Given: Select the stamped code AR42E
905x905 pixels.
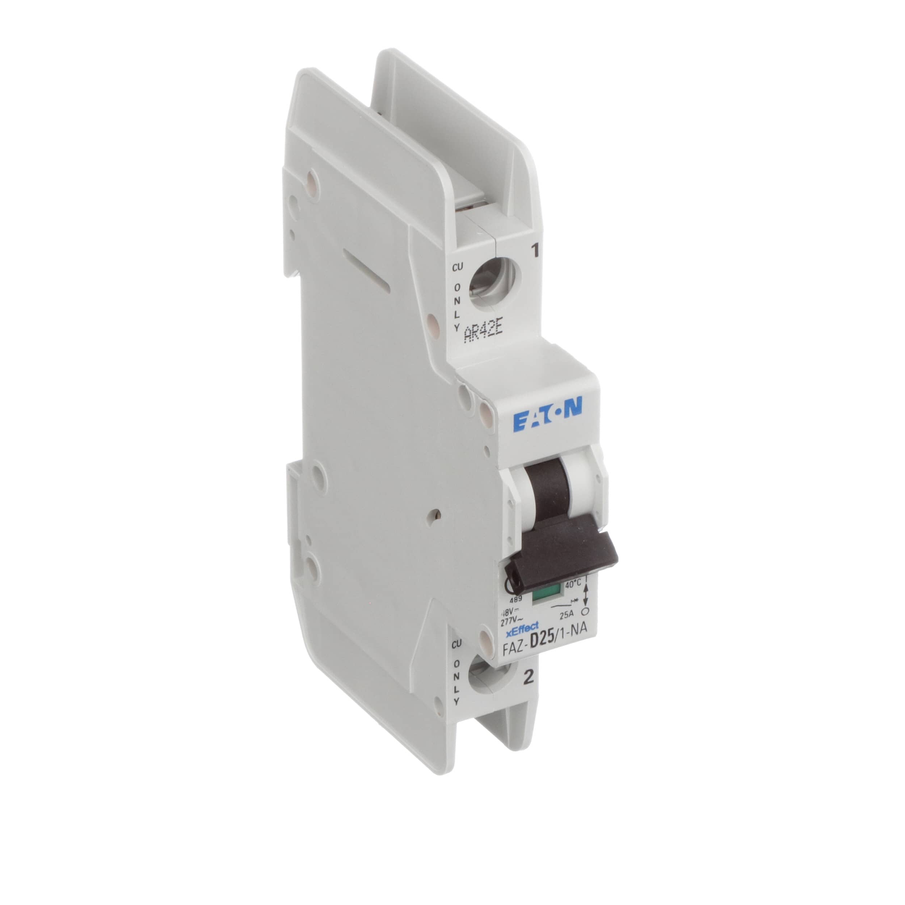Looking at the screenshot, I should (483, 334).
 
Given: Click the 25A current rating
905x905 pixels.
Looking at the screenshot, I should (571, 612).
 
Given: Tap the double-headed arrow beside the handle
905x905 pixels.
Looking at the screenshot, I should (585, 597).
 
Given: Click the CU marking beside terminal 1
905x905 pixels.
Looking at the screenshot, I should (457, 268).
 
